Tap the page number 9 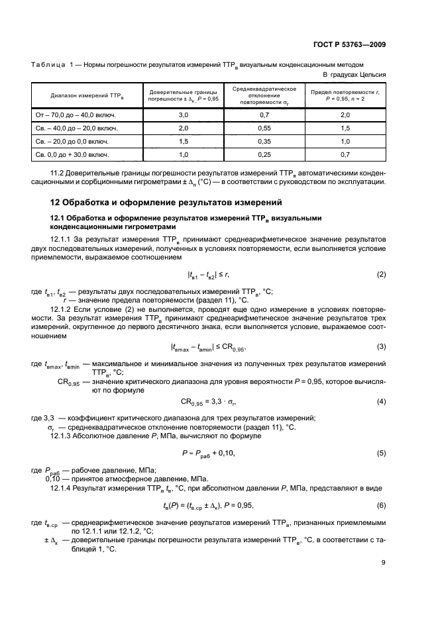383,563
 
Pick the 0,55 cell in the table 263,128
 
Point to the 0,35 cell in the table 263,141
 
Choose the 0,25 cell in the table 263,154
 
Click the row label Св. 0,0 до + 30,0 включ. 72,154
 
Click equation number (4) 381,401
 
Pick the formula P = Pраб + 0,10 208,453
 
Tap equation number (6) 381,505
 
